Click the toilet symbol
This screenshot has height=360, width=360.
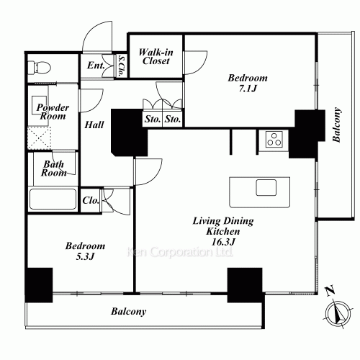pyautogui.click(x=39, y=68)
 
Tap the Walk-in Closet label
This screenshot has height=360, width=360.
pyautogui.click(x=156, y=57)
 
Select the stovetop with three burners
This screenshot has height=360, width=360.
pyautogui.click(x=274, y=139)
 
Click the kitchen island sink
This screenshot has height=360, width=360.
pyautogui.click(x=266, y=187)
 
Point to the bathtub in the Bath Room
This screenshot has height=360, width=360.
pyautogui.click(x=53, y=199)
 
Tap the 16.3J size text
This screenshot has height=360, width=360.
pyautogui.click(x=223, y=242)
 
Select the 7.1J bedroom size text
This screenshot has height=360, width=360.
pyautogui.click(x=248, y=89)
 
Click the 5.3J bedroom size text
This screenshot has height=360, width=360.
pyautogui.click(x=85, y=256)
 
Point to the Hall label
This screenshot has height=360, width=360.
pyautogui.click(x=94, y=125)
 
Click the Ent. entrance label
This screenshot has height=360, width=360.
pyautogui.click(x=96, y=66)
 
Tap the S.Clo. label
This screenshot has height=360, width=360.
pyautogui.click(x=122, y=66)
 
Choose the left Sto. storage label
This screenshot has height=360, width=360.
pyautogui.click(x=153, y=119)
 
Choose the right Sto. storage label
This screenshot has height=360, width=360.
pyautogui.click(x=173, y=119)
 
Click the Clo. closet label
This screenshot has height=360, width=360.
pyautogui.click(x=91, y=200)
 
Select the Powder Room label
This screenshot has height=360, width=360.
pyautogui.click(x=53, y=112)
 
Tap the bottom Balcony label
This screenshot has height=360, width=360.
pyautogui.click(x=129, y=312)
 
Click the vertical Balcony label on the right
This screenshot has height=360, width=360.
pyautogui.click(x=336, y=125)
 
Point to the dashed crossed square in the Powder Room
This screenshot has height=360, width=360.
pyautogui.click(x=40, y=138)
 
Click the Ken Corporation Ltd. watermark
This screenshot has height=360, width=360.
pyautogui.click(x=180, y=252)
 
